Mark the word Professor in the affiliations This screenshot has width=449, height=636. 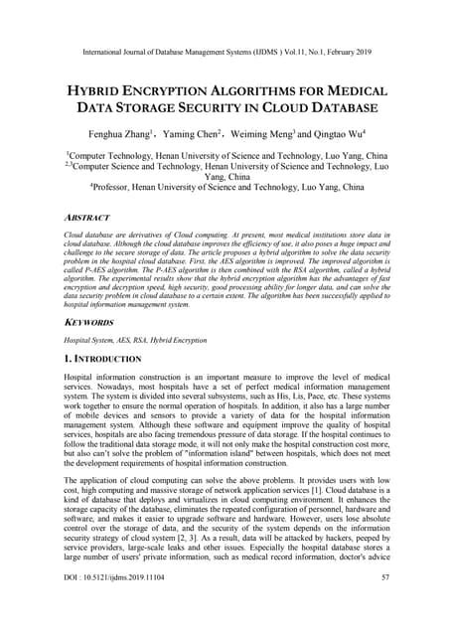116,186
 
